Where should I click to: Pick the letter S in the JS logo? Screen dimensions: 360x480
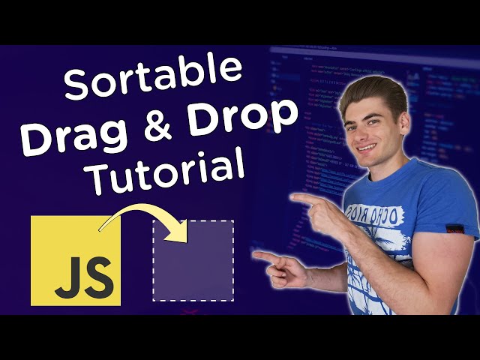point(97,277)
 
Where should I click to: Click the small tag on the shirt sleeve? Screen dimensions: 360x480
point(451,228)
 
